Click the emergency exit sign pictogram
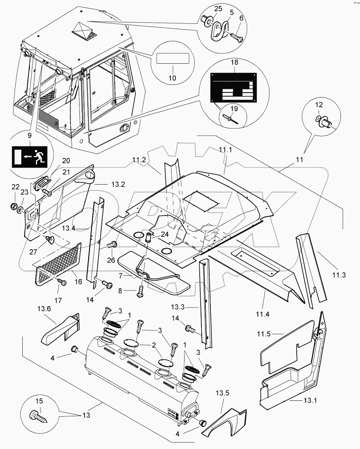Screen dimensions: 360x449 (30, 157)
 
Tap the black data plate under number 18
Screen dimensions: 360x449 (234, 88)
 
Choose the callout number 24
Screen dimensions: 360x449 (165, 234)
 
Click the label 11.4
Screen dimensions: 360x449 (263, 314)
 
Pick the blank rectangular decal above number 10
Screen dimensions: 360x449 (173, 58)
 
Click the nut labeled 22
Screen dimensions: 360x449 (14, 206)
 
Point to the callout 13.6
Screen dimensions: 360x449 (44, 308)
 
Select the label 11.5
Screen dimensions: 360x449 (264, 334)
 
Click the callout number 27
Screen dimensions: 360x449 (33, 252)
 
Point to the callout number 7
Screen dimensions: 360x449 (120, 276)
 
